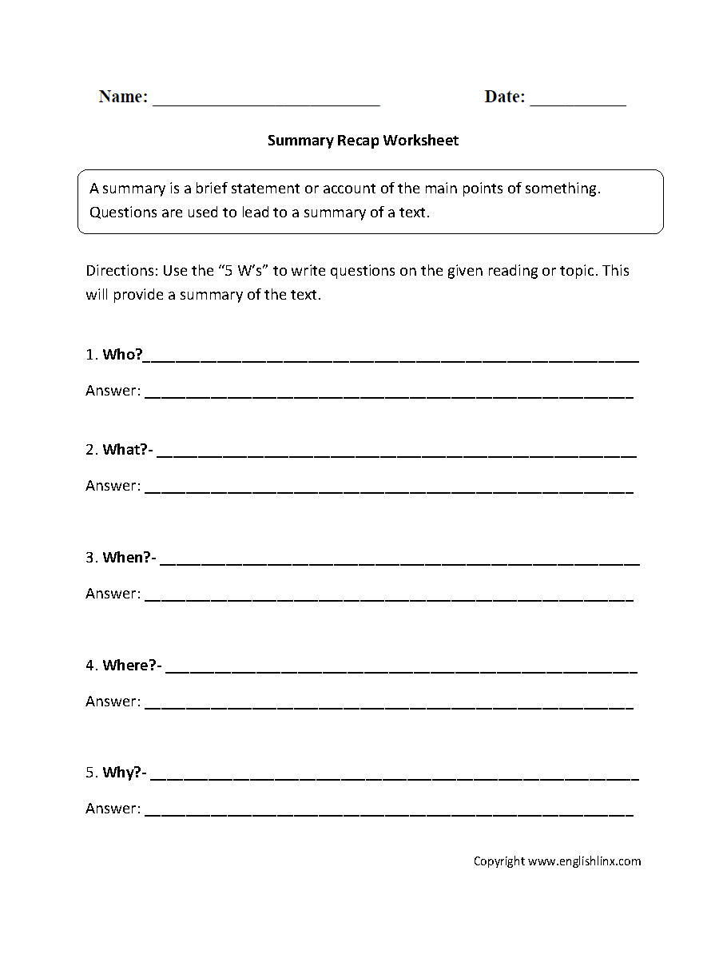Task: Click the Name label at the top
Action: pyautogui.click(x=123, y=97)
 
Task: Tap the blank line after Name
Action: pyautogui.click(x=266, y=101)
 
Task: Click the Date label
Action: pyautogui.click(x=505, y=97)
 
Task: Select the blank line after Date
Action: pyautogui.click(x=578, y=101)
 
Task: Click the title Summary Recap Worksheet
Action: pyautogui.click(x=363, y=141)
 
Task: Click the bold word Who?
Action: pyautogui.click(x=122, y=355)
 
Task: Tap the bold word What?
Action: pyautogui.click(x=125, y=450)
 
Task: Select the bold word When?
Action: pyautogui.click(x=127, y=558)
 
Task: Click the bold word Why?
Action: pyautogui.click(x=122, y=773)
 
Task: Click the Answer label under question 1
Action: pyautogui.click(x=113, y=392)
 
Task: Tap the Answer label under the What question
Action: pyautogui.click(x=113, y=486)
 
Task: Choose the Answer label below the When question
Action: pyautogui.click(x=113, y=594)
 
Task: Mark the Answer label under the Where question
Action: pyautogui.click(x=113, y=702)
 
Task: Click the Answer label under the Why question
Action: pyautogui.click(x=113, y=809)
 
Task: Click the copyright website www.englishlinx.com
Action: pyautogui.click(x=585, y=861)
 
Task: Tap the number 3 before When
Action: pyautogui.click(x=90, y=558)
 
